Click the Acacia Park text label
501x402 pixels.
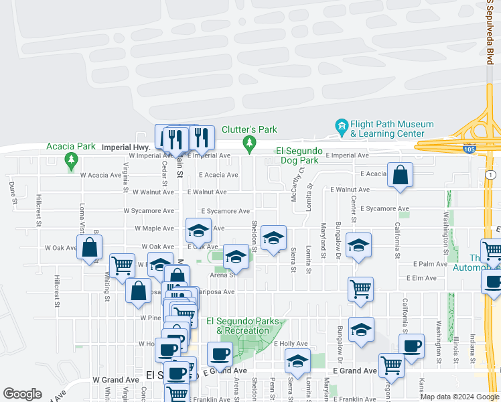[x=70, y=146]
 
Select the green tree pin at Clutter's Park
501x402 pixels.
[x=250, y=142]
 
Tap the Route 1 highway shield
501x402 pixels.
[x=491, y=174]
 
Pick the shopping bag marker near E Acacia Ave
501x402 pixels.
[x=399, y=175]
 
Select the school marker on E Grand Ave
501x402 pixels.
[x=297, y=361]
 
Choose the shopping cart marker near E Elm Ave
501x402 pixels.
[x=360, y=289]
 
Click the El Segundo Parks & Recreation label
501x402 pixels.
[x=242, y=326]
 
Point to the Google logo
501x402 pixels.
[x=22, y=394]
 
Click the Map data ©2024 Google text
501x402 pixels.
[x=459, y=397]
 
